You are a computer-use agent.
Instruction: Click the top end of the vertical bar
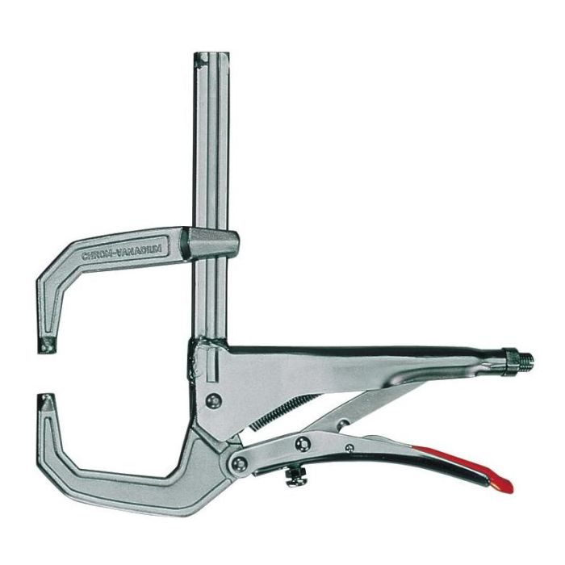coord(207,58)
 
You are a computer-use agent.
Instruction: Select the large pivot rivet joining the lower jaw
coord(241,462)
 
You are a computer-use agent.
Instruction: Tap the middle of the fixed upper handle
coord(363,355)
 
